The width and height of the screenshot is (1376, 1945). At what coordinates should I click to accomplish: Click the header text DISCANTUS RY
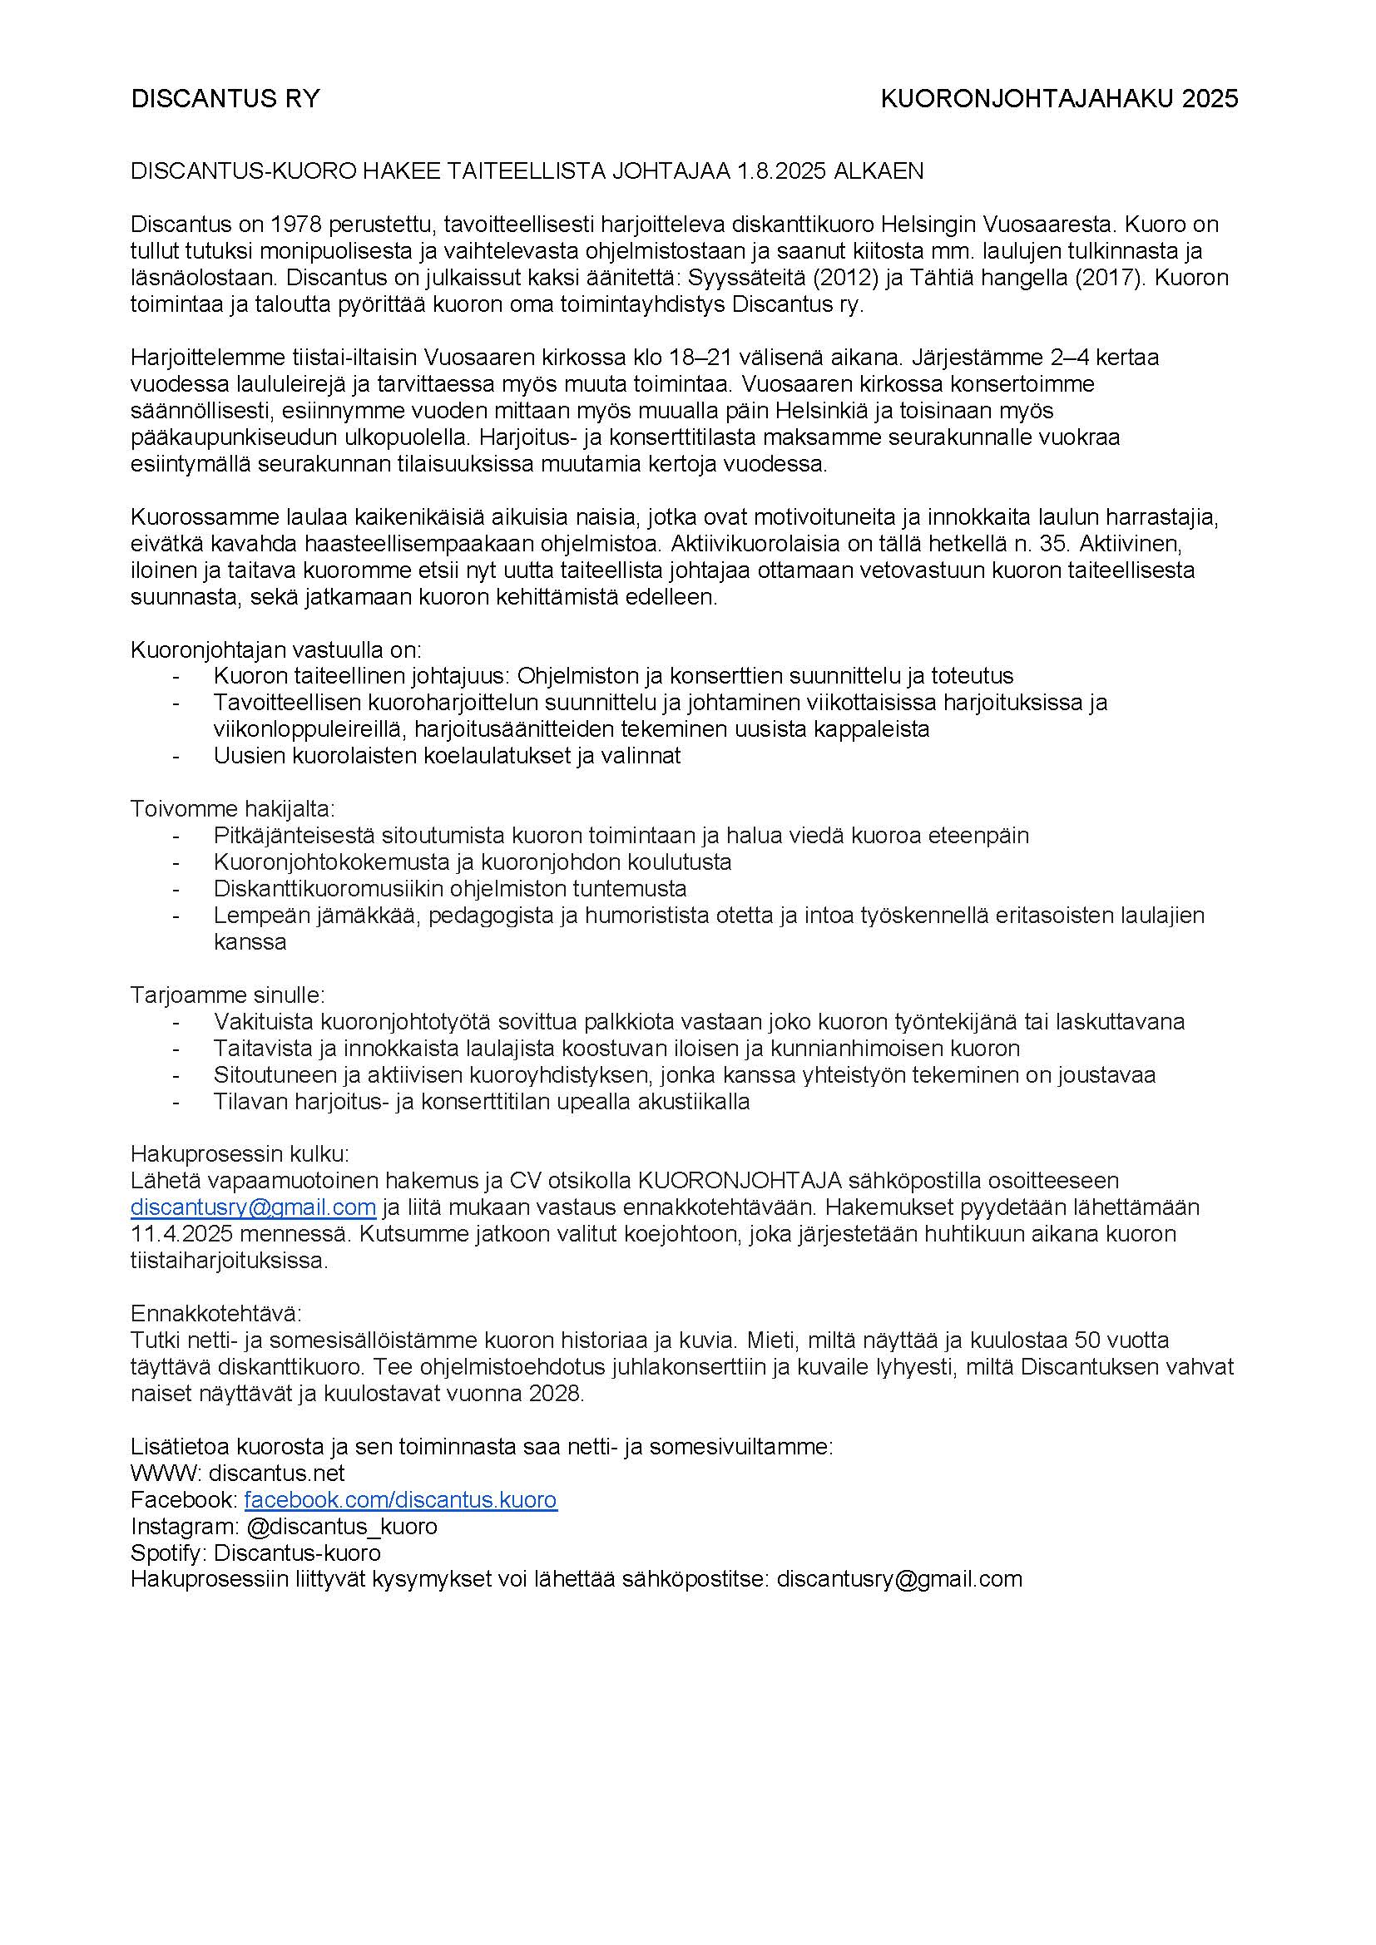[x=225, y=99]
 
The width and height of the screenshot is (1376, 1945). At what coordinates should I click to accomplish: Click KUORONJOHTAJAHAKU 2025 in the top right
[x=1059, y=99]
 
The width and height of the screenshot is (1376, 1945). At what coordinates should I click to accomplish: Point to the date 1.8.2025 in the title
[x=781, y=171]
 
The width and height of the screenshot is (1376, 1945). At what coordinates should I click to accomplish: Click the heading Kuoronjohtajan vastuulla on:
[x=275, y=649]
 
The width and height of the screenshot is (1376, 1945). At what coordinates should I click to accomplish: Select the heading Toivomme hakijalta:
[x=232, y=809]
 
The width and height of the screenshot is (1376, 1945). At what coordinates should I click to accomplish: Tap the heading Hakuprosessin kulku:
[x=239, y=1154]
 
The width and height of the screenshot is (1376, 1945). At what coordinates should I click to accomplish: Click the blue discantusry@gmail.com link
[x=253, y=1207]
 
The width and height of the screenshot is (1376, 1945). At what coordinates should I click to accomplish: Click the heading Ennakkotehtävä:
[x=215, y=1314]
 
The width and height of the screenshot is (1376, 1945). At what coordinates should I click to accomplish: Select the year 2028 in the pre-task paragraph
[x=556, y=1394]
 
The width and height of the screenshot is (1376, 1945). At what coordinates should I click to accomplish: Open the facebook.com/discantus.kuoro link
[x=400, y=1500]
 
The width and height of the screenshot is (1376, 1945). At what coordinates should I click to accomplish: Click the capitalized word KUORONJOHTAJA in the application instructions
[x=740, y=1180]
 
